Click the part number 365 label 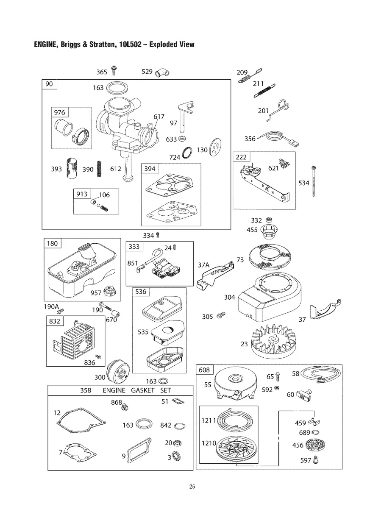(101, 72)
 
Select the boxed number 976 (60, 112)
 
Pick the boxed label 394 (150, 169)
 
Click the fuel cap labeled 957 (109, 292)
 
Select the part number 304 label (229, 297)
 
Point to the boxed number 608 (205, 370)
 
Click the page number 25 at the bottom (192, 487)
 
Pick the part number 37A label (204, 265)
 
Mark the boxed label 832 (55, 321)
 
